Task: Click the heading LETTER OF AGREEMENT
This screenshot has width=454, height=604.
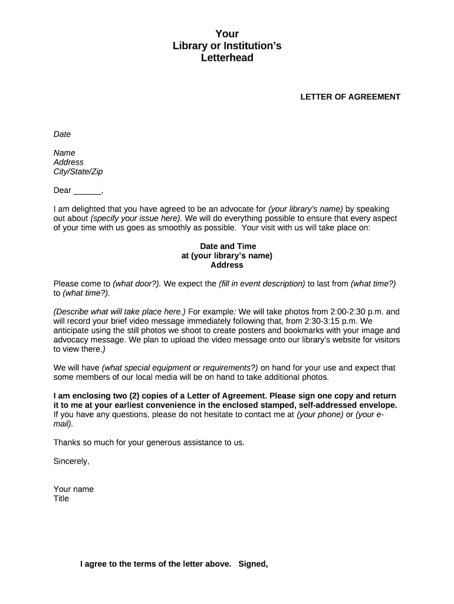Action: coord(350,97)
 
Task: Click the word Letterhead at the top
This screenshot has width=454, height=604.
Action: coord(227,58)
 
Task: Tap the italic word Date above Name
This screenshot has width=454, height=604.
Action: coord(62,134)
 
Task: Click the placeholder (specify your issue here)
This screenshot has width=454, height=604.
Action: coord(136,218)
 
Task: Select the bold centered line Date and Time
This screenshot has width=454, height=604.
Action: coord(227,246)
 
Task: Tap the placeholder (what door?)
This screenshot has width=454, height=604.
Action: coord(137,284)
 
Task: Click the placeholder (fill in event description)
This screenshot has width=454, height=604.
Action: coord(262,284)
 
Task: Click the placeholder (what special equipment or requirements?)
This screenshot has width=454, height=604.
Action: coord(180,367)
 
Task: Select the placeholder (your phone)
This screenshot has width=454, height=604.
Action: coord(320,414)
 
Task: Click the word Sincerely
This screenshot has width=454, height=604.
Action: coord(71,461)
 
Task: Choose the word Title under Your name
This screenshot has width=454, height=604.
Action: coord(61,498)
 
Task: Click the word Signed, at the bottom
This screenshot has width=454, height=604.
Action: coord(253,564)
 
